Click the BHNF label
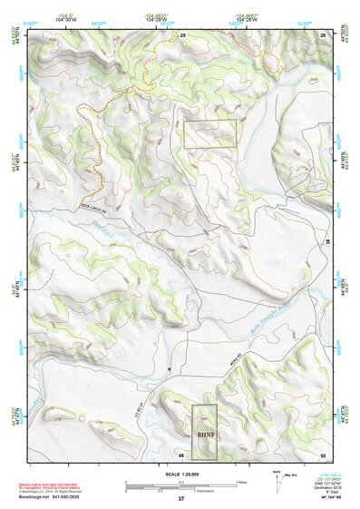tap(204, 435)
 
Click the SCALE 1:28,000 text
tap(180, 475)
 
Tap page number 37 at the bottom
tap(180, 499)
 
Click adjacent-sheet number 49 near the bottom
tap(181, 454)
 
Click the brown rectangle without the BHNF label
tap(209, 133)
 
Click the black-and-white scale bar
tap(180, 485)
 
